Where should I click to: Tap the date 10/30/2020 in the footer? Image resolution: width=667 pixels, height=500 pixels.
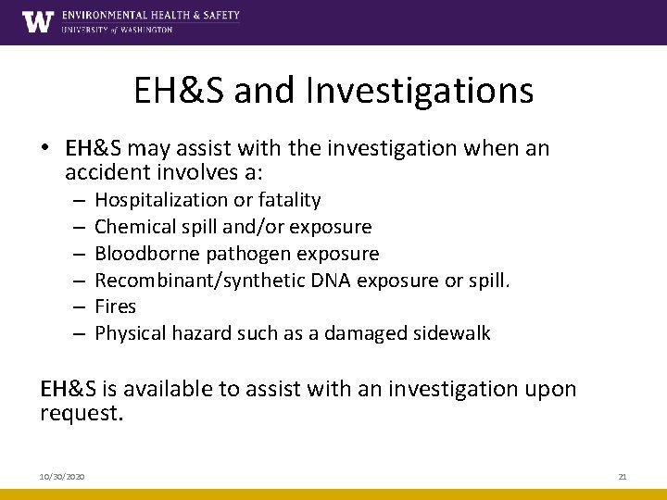pos(62,476)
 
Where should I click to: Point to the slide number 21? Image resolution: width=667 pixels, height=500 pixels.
pos(622,476)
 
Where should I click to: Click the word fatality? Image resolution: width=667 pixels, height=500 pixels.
pos(288,200)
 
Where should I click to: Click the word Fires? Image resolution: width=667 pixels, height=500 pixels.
pos(116,306)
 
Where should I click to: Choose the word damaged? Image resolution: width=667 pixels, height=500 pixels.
pos(359,333)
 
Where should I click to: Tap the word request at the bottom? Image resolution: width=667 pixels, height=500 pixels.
pos(81,413)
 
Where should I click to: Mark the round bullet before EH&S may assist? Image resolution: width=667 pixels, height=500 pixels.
pos(45,149)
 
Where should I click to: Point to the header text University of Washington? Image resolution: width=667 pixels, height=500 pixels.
pos(117,30)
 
